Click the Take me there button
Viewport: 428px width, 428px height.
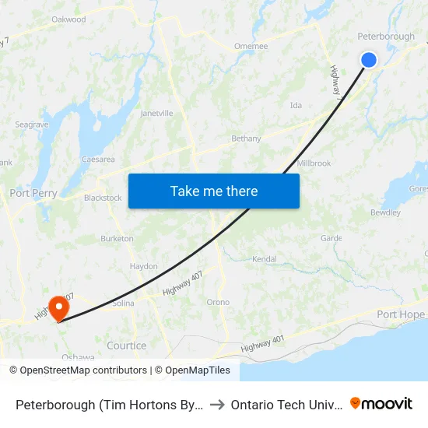tap(214, 191)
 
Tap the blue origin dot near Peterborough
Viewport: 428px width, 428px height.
tap(369, 60)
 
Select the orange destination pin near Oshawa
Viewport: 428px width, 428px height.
tap(58, 307)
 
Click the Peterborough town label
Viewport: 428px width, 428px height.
tap(385, 37)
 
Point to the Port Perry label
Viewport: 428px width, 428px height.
tap(33, 193)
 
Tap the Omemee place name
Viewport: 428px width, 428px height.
tap(251, 46)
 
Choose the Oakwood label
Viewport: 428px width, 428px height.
tap(68, 19)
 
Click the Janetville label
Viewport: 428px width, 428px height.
tap(156, 113)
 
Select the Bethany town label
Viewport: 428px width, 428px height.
tap(246, 139)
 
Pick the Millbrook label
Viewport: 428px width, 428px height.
tap(314, 163)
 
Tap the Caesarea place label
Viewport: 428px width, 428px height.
tap(98, 160)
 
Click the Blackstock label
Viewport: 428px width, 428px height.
tap(103, 198)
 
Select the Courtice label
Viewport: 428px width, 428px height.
tap(126, 346)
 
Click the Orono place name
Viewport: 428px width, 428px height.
tap(218, 302)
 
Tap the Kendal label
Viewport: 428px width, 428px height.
tap(265, 258)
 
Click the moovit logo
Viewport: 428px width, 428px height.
tap(381, 404)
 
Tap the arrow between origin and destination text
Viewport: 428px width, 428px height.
tap(217, 405)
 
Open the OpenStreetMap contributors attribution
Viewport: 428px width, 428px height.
tap(78, 370)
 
